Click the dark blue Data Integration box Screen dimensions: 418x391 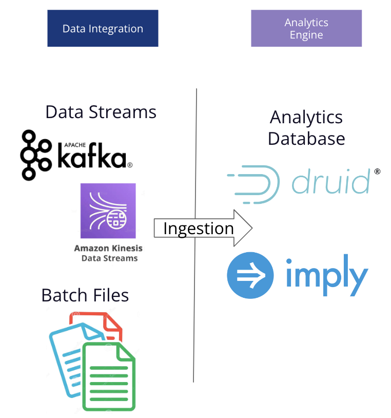point(103,29)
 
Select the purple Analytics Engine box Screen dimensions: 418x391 point(306,29)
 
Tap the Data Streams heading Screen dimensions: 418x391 point(101,112)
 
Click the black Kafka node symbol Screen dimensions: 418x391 point(36,155)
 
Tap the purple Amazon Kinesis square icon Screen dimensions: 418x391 point(108,211)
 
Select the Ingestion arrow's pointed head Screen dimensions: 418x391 point(244,228)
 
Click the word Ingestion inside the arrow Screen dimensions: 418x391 point(198,229)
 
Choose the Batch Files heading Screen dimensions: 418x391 point(85,295)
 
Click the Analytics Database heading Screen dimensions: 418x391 point(306,128)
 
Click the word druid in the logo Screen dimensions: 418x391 point(330,181)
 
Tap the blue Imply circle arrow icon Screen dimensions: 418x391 point(250,275)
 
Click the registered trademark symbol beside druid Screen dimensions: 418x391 point(377,172)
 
